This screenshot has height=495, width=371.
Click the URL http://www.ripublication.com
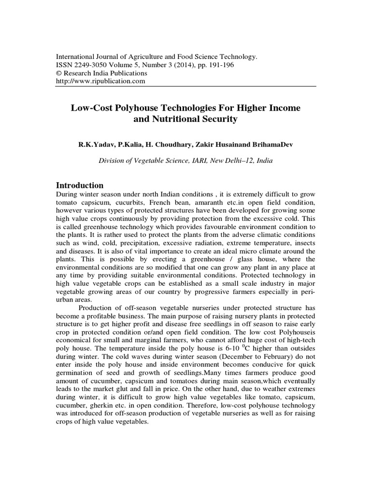coord(101,81)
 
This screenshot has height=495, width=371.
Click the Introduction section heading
coord(80,186)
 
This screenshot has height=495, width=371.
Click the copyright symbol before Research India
coord(59,73)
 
